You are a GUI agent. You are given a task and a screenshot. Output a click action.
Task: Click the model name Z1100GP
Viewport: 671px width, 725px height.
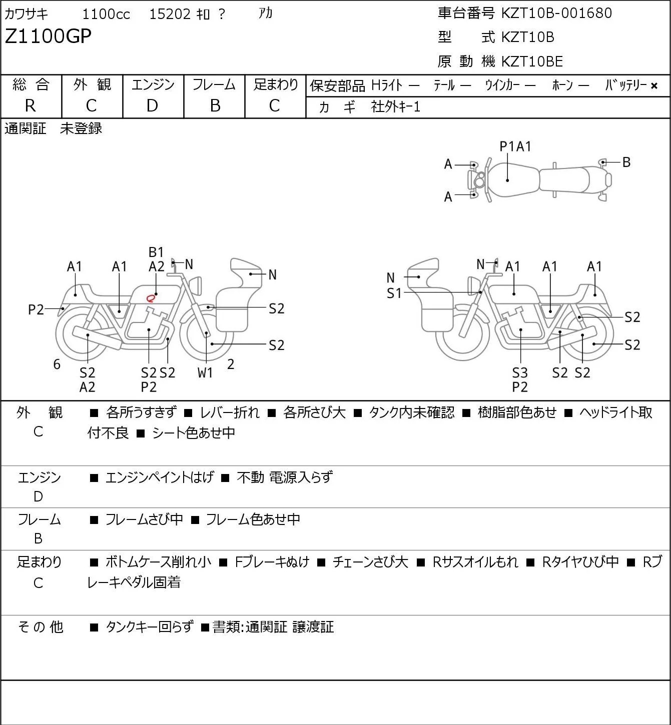pyautogui.click(x=48, y=36)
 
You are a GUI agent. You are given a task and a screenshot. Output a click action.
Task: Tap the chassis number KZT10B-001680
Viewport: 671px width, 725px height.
pyautogui.click(x=556, y=13)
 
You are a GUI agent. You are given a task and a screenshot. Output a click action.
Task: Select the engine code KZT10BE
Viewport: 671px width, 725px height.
pyautogui.click(x=532, y=61)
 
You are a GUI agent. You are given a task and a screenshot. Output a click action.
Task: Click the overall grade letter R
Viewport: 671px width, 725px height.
pyautogui.click(x=31, y=106)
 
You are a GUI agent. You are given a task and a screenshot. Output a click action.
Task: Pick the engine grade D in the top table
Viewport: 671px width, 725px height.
pyautogui.click(x=152, y=106)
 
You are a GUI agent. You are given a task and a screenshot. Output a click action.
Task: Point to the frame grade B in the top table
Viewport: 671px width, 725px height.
pyautogui.click(x=215, y=106)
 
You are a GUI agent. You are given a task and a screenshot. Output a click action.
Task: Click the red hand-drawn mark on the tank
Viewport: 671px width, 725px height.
pyautogui.click(x=150, y=298)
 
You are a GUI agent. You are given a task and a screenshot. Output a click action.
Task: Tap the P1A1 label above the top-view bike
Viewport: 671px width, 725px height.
pyautogui.click(x=515, y=147)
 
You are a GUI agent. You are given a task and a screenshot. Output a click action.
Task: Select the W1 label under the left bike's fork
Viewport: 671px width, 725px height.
pyautogui.click(x=205, y=372)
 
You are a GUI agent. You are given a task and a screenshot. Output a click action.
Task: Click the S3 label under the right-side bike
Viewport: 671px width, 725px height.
pyautogui.click(x=520, y=372)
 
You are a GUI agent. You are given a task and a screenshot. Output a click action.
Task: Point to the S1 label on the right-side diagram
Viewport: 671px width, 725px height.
pyautogui.click(x=394, y=293)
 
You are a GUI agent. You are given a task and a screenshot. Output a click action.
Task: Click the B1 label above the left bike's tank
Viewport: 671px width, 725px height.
pyautogui.click(x=156, y=252)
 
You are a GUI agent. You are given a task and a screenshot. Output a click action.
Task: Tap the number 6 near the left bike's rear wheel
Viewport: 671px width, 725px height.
pyautogui.click(x=57, y=364)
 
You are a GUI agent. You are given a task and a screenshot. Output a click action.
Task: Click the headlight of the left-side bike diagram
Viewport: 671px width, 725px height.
pyautogui.click(x=196, y=286)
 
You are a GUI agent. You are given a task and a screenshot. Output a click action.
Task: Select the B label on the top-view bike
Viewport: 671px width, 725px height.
pyautogui.click(x=626, y=162)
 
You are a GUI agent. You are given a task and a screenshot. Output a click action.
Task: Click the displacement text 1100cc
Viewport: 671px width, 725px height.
pyautogui.click(x=106, y=14)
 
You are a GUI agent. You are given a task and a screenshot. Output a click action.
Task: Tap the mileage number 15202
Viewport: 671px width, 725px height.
pyautogui.click(x=170, y=14)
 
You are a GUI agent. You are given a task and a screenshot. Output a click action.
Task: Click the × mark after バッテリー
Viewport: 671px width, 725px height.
pyautogui.click(x=654, y=86)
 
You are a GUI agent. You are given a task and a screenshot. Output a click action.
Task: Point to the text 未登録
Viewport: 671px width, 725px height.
pyautogui.click(x=81, y=128)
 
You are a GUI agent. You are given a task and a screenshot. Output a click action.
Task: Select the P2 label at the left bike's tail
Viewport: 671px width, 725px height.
pyautogui.click(x=36, y=310)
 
